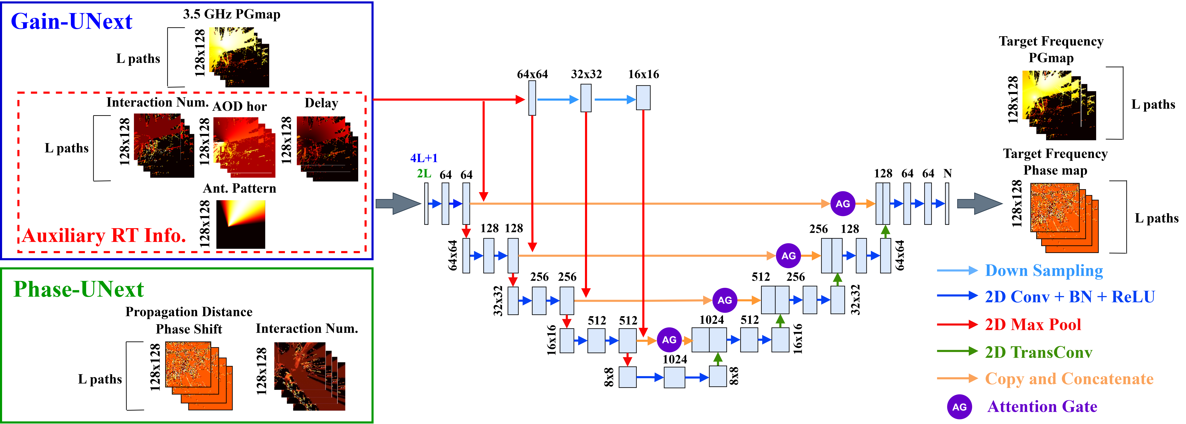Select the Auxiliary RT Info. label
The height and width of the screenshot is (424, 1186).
click(104, 235)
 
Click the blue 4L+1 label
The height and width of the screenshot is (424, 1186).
click(424, 158)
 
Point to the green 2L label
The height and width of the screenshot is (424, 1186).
click(424, 173)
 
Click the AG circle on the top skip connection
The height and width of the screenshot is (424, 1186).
click(843, 204)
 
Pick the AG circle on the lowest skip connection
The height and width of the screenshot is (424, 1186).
click(669, 340)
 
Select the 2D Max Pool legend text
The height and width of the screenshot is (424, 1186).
click(1033, 325)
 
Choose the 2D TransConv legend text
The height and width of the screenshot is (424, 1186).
click(1038, 352)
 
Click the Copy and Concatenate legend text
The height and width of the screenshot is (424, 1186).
click(1069, 379)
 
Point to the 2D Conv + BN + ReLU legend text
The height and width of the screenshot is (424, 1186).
click(1069, 297)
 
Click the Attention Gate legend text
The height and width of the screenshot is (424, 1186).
click(1042, 407)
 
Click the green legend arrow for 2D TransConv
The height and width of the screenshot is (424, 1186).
click(957, 352)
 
